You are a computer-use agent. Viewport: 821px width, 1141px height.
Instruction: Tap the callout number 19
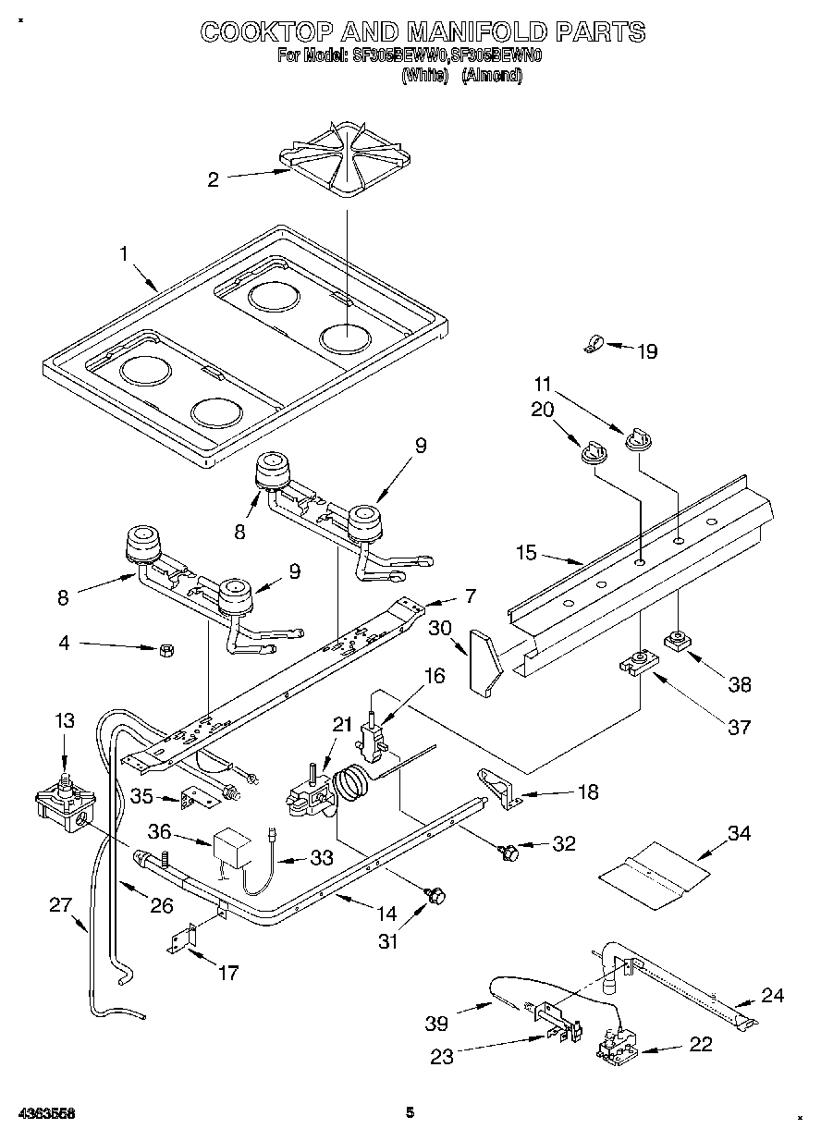click(647, 351)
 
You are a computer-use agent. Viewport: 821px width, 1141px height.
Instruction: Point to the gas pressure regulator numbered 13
click(63, 802)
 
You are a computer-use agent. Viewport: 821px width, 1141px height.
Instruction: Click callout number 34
click(739, 833)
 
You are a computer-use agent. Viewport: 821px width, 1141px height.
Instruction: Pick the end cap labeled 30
click(484, 660)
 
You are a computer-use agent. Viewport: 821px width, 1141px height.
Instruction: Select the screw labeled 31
click(437, 894)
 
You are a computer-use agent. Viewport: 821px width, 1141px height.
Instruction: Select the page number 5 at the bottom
click(410, 1112)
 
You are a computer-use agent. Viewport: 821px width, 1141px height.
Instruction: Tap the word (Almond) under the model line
click(491, 76)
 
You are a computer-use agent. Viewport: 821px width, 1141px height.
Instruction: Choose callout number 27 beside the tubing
click(60, 905)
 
